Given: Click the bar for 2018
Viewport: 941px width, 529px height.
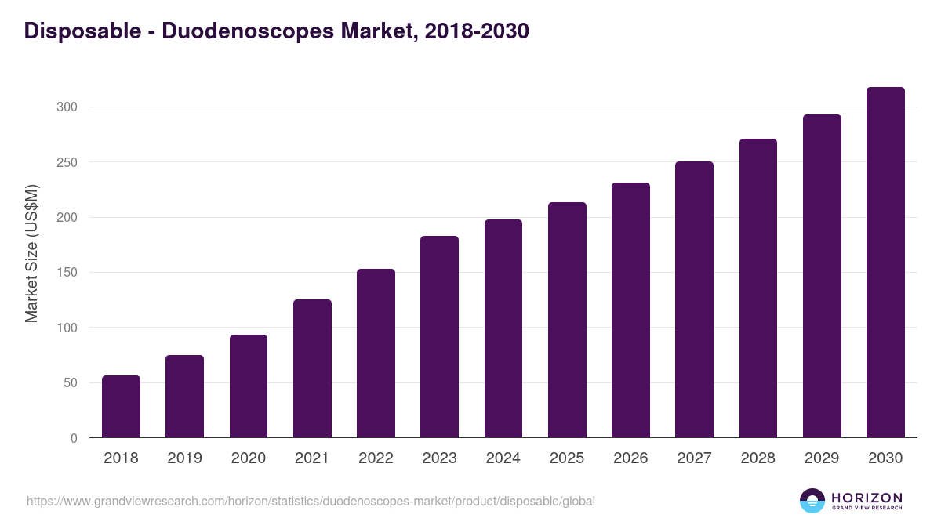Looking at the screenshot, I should point(121,407).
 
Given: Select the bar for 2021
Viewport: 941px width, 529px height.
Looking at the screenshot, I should point(312,368).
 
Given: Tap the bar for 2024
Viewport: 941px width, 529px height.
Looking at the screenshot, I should point(503,328).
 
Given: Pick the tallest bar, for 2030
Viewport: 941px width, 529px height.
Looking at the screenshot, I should point(885,263).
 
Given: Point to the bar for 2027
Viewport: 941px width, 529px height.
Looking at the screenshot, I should point(694,299).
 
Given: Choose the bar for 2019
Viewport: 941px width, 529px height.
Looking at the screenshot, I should point(184,397).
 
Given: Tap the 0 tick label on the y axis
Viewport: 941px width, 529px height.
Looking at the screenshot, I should point(74,438).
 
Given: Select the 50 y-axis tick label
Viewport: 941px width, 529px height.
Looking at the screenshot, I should point(70,383).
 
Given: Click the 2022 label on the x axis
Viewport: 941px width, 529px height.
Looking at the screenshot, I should point(376,458).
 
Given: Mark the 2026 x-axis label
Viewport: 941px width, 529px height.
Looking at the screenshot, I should point(630,458).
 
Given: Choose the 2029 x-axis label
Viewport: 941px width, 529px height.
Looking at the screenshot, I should point(822,458).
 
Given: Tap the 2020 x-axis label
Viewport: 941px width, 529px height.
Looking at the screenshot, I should point(248,458).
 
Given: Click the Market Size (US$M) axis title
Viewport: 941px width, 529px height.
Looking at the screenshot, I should point(31,254).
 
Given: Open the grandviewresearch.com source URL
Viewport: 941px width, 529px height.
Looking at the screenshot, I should point(311,501).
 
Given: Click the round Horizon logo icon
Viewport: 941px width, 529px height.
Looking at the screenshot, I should point(812,501).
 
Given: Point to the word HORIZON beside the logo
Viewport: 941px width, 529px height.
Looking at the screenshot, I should point(867,498).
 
